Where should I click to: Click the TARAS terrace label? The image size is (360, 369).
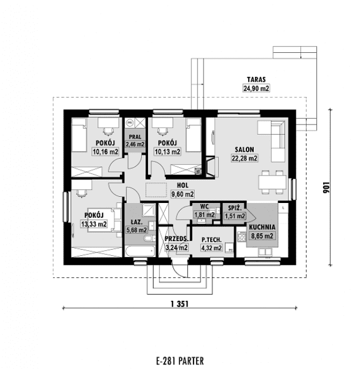pos(256,80)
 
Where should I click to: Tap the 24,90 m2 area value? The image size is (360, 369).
pos(256,89)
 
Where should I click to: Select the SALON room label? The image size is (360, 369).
pos(244,150)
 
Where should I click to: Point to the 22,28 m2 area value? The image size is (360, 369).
pos(244,158)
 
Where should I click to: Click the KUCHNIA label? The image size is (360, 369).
pos(262,227)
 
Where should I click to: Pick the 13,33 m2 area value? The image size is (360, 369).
pos(94,224)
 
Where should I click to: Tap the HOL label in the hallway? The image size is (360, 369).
pos(183,185)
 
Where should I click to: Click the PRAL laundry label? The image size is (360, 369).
pos(135,137)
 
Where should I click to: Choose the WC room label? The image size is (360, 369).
pos(204,207)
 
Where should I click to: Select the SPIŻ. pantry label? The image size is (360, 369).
pos(235,208)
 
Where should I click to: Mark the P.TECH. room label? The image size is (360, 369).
pos(211,240)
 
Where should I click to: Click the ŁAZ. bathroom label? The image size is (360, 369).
pos(136,222)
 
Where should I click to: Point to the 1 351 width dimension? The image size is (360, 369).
pos(179,304)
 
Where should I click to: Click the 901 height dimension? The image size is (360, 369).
pos(326,187)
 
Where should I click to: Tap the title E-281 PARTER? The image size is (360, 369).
pos(180,360)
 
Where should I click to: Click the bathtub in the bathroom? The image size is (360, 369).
pos(140,251)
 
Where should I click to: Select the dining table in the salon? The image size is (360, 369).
pos(273,183)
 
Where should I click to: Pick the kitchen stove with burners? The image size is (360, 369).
pos(241,237)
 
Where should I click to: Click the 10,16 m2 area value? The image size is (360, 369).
pos(106,152)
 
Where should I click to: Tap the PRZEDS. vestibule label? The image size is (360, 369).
pos(177,239)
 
